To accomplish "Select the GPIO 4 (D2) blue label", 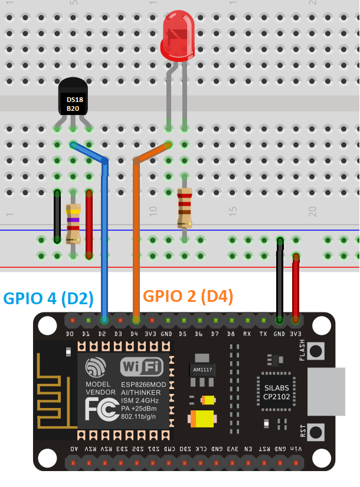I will [x=48, y=299].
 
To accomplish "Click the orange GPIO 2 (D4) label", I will [x=188, y=297].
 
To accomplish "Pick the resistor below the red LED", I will [x=184, y=208].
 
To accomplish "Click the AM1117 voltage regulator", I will [x=202, y=369].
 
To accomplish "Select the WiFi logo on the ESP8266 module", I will [x=142, y=367].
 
